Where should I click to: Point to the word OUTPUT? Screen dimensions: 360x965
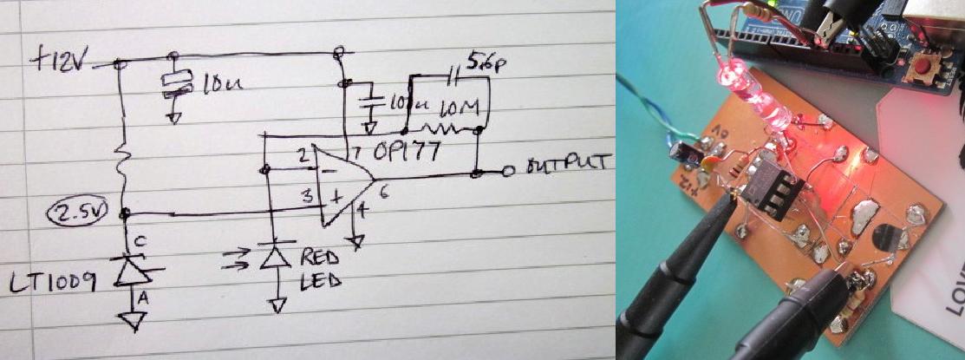[569, 164]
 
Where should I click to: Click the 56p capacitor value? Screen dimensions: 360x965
[484, 62]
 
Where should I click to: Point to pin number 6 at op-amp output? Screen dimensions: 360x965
[381, 194]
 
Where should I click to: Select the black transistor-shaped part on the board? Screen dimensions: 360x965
[886, 239]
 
